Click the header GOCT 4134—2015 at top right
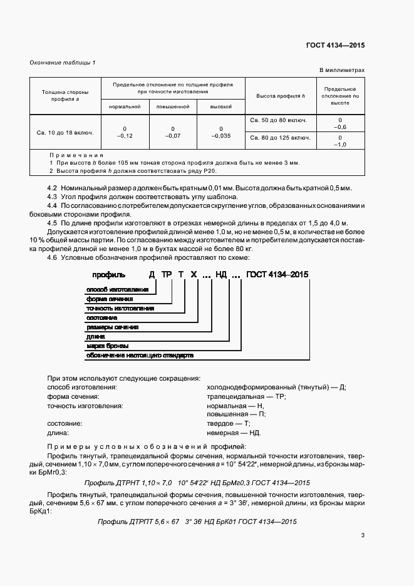[335, 46]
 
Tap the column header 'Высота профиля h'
[281, 96]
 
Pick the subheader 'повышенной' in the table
[173, 107]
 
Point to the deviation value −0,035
[221, 135]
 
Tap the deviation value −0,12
[125, 135]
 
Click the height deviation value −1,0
[340, 144]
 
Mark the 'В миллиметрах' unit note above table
[341, 71]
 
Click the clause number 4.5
[53, 224]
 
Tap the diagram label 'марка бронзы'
[107, 346]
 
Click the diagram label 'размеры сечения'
[112, 327]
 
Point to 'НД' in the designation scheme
[221, 274]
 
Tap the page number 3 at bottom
[363, 535]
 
